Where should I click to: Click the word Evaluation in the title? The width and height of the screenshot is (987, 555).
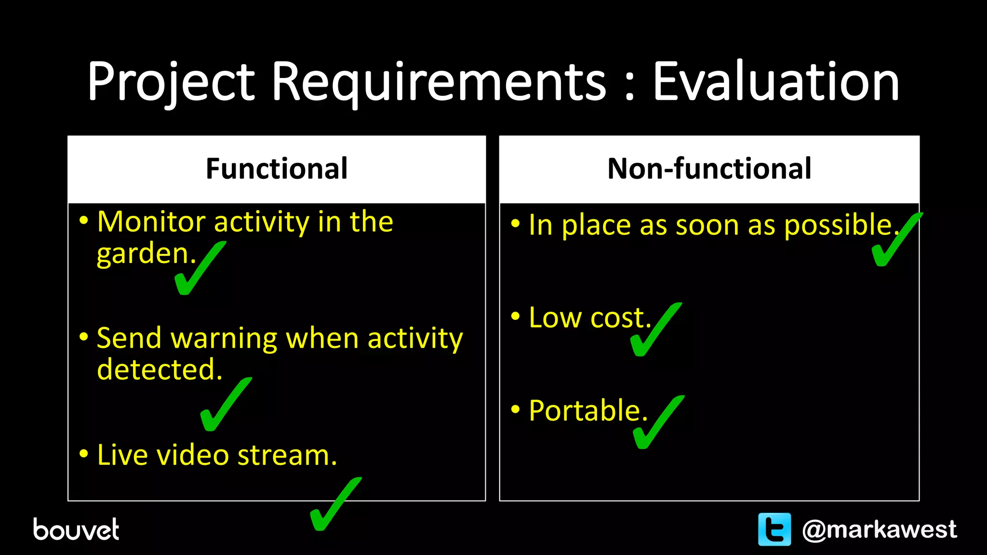(775, 82)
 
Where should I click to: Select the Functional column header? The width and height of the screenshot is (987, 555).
(277, 169)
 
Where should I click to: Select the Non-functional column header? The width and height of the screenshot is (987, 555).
(709, 169)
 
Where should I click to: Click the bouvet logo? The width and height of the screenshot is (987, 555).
(76, 529)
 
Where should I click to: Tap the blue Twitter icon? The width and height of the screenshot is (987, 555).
(774, 529)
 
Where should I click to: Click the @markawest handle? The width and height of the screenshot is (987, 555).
(879, 529)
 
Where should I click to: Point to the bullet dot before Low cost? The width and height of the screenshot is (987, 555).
(516, 317)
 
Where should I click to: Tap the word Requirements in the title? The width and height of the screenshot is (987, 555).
(439, 82)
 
